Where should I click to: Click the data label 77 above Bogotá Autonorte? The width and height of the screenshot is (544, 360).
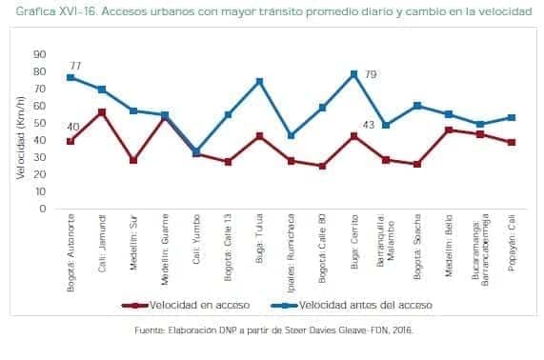click(x=74, y=64)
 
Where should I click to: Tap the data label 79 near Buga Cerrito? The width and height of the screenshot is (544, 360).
click(x=372, y=74)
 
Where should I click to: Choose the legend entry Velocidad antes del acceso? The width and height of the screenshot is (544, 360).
click(x=360, y=305)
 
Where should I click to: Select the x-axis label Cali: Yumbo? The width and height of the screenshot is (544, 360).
click(x=196, y=246)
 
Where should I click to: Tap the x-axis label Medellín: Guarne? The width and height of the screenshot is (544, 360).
click(x=165, y=252)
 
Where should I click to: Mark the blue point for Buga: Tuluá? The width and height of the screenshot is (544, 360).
click(x=259, y=82)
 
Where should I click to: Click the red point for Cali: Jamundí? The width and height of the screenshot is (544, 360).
click(x=101, y=112)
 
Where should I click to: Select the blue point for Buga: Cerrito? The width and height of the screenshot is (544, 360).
click(x=354, y=74)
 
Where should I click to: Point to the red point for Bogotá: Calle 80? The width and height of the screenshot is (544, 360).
click(x=323, y=166)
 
